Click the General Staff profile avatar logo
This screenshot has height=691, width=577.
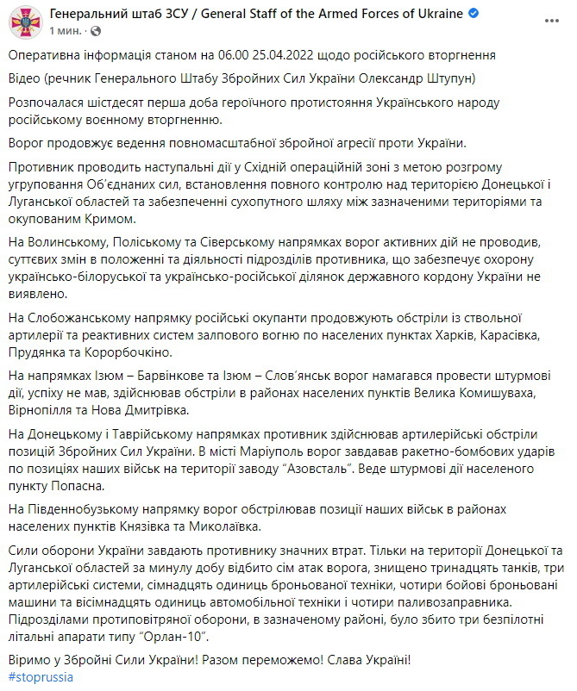(24, 22)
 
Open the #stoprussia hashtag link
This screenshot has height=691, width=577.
(41, 676)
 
